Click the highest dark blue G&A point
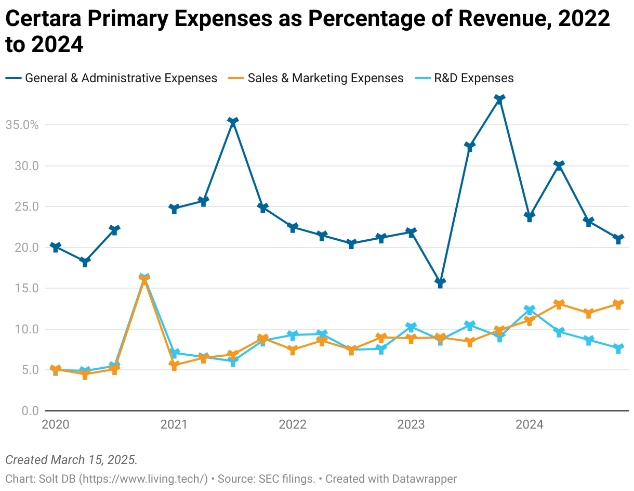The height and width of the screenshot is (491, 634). [499, 99]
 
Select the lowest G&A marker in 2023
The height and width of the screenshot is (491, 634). [440, 283]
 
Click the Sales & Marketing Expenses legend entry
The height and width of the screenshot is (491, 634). [325, 78]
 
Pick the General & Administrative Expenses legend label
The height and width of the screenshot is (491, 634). [121, 78]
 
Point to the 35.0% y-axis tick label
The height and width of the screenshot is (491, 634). [22, 125]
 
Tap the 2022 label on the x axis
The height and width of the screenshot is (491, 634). [293, 424]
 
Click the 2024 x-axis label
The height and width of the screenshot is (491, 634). [529, 424]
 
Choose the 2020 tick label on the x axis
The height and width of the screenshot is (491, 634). [56, 424]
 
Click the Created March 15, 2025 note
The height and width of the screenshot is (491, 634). [71, 460]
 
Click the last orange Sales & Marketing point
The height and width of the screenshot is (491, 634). [618, 304]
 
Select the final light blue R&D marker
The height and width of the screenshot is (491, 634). [618, 348]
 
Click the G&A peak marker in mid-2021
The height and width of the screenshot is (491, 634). [233, 122]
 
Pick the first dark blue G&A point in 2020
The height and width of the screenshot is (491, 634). [56, 247]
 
